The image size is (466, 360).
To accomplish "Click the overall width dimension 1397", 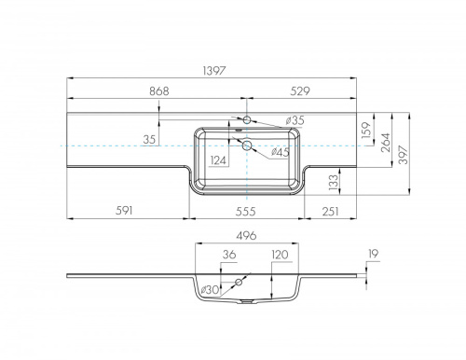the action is [x=213, y=71].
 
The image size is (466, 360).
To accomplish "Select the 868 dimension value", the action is [x=159, y=91].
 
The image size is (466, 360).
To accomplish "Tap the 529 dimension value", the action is [x=300, y=91].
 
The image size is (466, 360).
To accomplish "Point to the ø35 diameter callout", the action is [x=295, y=120].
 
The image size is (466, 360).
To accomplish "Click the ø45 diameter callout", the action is [x=281, y=152].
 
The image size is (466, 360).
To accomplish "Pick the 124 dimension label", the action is [x=218, y=160].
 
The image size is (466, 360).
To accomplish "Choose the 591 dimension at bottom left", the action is [x=124, y=211].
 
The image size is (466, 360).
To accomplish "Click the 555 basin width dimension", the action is [x=245, y=212].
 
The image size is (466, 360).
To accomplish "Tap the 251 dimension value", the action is [x=330, y=212].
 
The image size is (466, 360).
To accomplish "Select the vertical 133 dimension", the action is [x=333, y=182].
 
